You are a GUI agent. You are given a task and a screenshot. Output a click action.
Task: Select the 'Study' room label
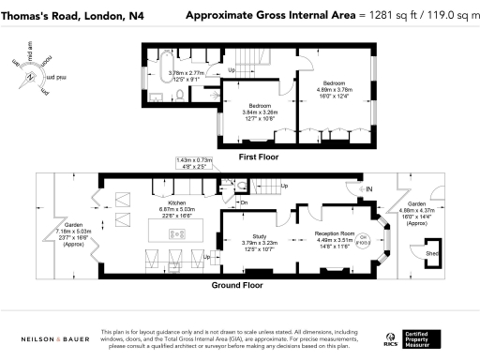(x=260, y=237)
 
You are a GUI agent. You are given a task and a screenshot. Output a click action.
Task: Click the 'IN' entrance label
(x=368, y=189)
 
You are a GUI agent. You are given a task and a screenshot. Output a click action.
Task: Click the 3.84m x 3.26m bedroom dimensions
(x=260, y=112)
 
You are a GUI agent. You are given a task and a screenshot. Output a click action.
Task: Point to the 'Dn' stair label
(x=244, y=202)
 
